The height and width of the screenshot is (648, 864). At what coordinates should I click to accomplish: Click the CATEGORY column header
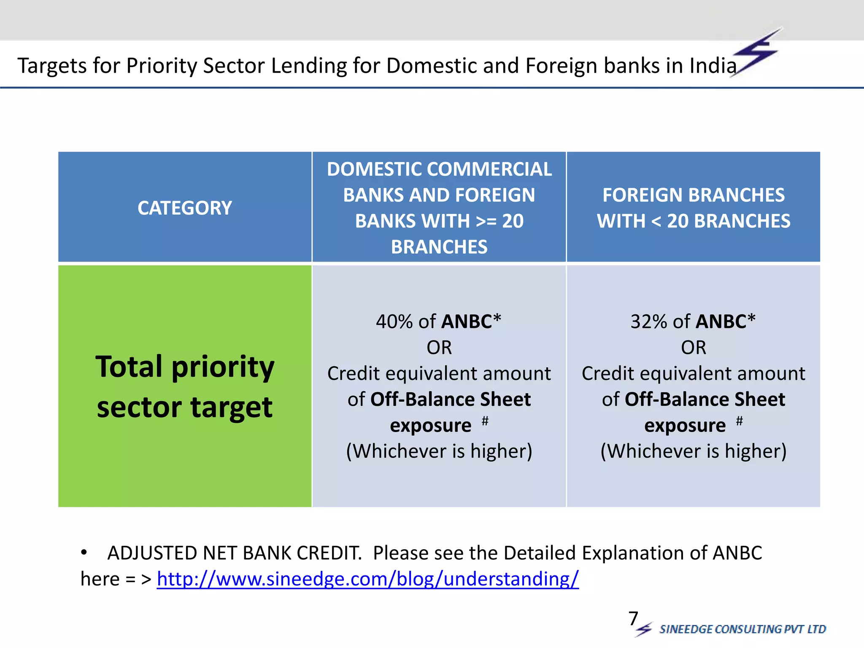click(185, 208)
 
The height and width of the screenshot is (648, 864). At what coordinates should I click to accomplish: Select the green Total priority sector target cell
click(185, 386)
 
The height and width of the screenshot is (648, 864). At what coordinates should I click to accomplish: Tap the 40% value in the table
click(394, 322)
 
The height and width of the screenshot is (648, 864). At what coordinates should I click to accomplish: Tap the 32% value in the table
click(648, 322)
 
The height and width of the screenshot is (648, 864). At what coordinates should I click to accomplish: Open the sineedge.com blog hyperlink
click(367, 579)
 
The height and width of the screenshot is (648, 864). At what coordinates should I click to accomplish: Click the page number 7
click(633, 619)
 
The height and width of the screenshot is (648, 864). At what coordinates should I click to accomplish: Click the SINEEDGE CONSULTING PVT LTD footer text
click(742, 629)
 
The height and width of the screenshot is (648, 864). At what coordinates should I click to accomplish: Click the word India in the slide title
click(713, 66)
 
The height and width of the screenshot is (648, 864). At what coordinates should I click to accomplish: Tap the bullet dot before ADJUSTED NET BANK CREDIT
click(84, 552)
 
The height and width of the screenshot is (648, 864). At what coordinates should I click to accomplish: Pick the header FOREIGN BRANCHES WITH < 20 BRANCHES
click(693, 208)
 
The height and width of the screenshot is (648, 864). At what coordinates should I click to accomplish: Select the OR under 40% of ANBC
click(439, 348)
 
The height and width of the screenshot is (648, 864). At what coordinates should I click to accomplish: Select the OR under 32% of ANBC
click(693, 348)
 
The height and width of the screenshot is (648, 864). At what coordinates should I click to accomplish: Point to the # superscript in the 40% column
click(485, 420)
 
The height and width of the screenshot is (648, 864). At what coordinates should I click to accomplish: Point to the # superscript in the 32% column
click(739, 420)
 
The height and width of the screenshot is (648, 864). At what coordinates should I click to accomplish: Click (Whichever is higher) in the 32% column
click(693, 451)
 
